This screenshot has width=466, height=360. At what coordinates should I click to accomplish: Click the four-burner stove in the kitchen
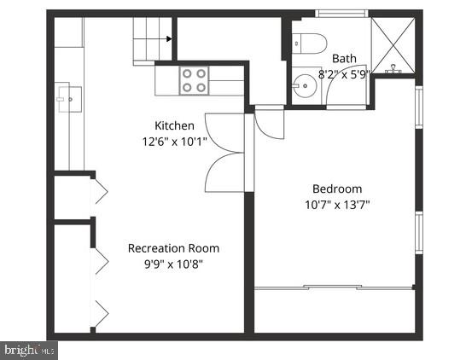195,80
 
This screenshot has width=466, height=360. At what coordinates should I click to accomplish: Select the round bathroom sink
303,85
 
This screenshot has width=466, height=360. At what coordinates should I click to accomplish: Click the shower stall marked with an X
393,44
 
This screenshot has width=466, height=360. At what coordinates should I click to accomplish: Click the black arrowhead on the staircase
171,38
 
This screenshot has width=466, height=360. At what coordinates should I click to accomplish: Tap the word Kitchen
175,125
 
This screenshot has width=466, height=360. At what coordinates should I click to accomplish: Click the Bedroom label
337,189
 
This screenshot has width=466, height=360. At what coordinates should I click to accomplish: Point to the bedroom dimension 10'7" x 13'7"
337,204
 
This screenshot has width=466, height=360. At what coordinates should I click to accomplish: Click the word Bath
345,58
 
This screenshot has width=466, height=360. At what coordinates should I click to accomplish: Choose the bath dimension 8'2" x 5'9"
345,73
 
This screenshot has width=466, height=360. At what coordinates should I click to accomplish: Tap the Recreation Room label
173,248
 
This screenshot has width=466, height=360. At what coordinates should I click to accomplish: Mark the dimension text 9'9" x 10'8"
173,264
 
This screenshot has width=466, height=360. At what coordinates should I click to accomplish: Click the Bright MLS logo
30,349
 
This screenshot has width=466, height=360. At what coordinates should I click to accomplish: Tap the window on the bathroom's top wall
341,13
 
